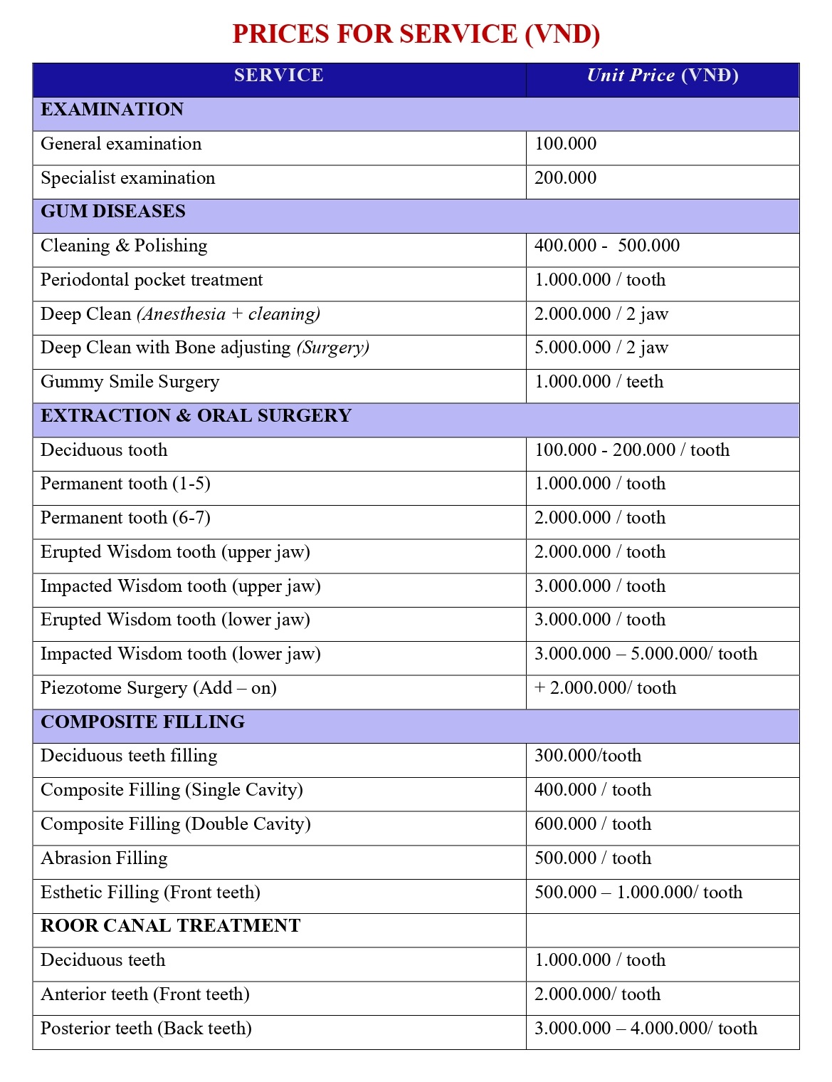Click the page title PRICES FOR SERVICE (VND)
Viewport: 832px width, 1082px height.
(416, 34)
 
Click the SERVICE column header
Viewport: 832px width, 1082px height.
(278, 76)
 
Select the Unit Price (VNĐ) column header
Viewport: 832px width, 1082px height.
(662, 76)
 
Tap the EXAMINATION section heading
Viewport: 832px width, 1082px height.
(112, 110)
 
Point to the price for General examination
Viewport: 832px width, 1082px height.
(565, 144)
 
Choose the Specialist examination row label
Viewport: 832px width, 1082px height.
(127, 178)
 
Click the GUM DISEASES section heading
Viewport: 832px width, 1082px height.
(112, 212)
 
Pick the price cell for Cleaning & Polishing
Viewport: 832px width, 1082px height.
(606, 246)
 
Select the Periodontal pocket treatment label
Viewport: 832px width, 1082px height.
(151, 280)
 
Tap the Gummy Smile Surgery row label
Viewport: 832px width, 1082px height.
(130, 382)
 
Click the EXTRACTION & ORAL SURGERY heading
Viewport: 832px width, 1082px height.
(196, 416)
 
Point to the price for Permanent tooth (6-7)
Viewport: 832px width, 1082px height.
(599, 518)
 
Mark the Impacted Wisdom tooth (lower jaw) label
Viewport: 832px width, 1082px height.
(180, 654)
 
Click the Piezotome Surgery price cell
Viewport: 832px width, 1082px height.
(605, 688)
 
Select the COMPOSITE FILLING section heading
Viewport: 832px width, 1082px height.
(142, 722)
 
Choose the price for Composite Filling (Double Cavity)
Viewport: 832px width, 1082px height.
(592, 824)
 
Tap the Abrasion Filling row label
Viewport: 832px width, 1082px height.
(104, 858)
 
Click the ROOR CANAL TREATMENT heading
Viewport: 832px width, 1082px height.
(170, 926)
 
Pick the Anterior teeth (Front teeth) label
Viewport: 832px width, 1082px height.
(144, 994)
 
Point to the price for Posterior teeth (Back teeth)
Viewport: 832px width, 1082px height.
(646, 1029)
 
